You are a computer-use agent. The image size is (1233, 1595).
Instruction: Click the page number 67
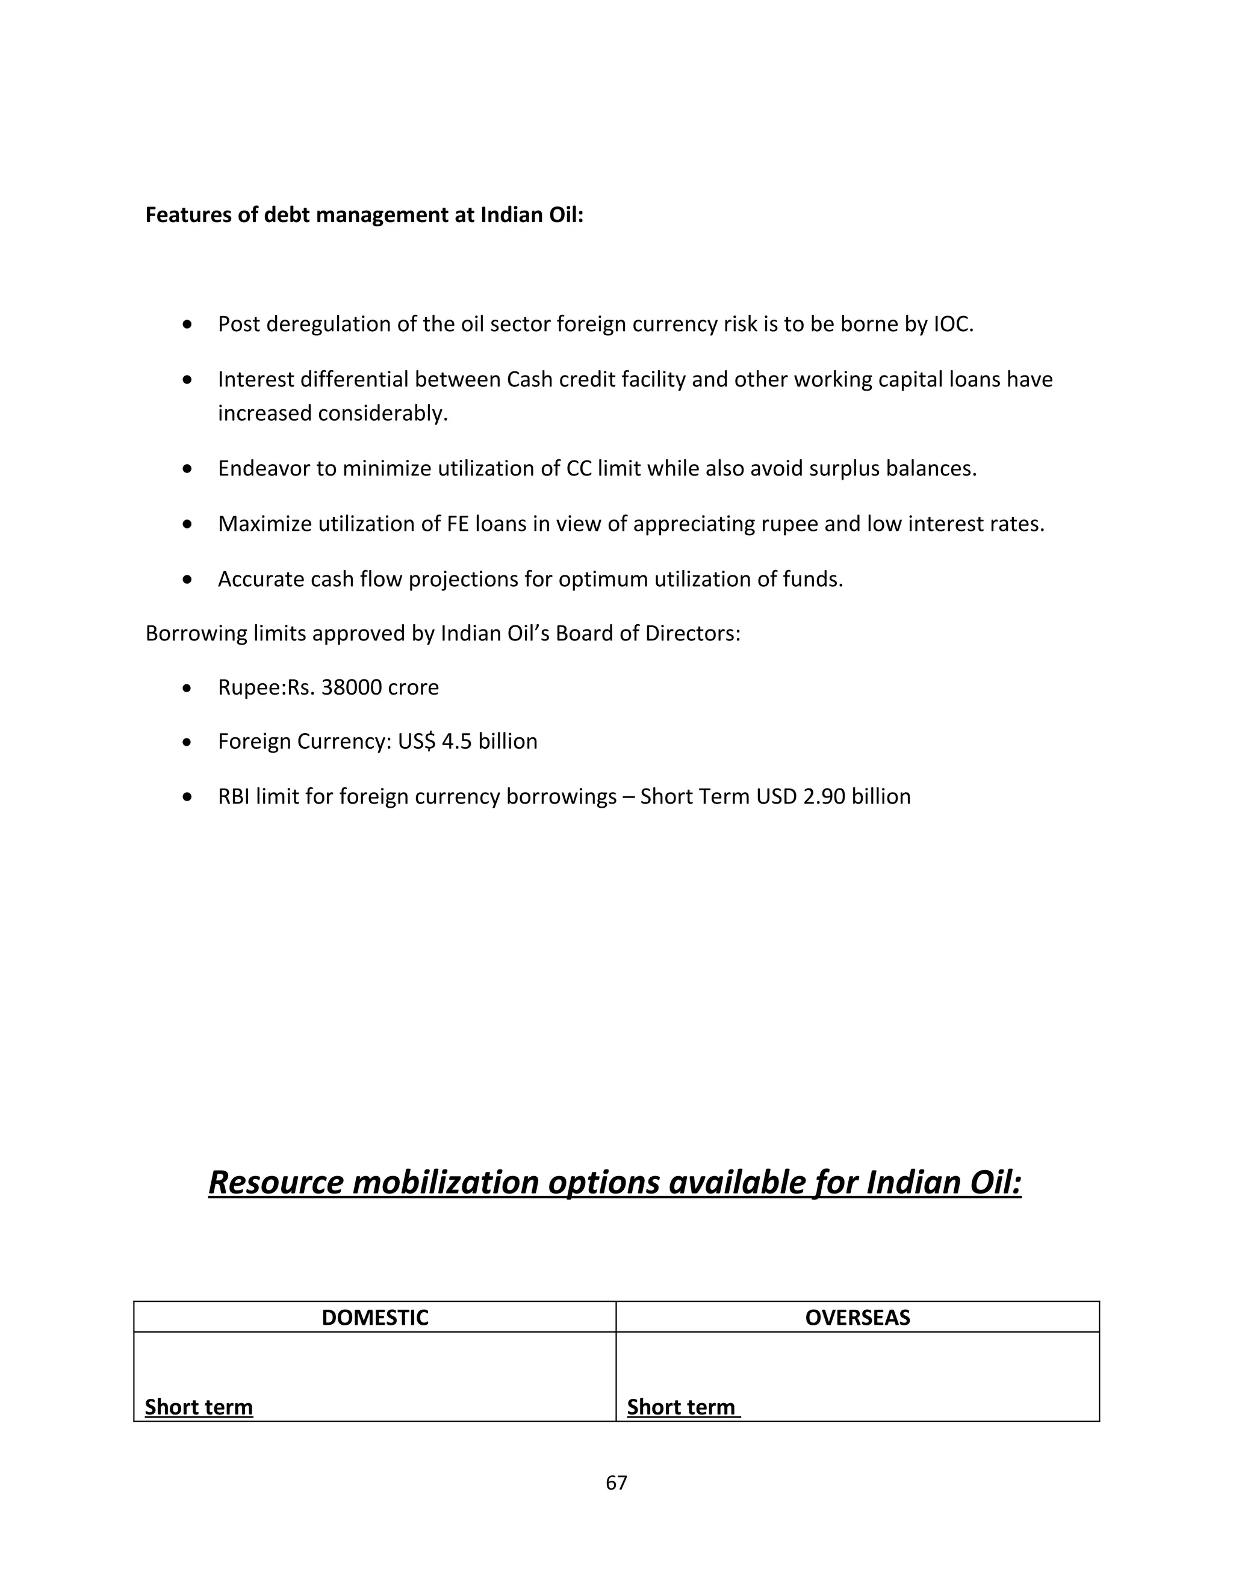[x=616, y=1482]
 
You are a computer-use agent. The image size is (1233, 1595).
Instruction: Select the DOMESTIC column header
[x=374, y=1317]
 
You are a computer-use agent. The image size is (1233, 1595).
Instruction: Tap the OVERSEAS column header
[x=857, y=1317]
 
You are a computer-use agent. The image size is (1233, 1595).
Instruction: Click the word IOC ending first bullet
[x=953, y=324]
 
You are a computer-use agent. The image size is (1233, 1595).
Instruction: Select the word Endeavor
[x=264, y=468]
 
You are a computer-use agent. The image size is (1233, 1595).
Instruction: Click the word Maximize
[x=264, y=524]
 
